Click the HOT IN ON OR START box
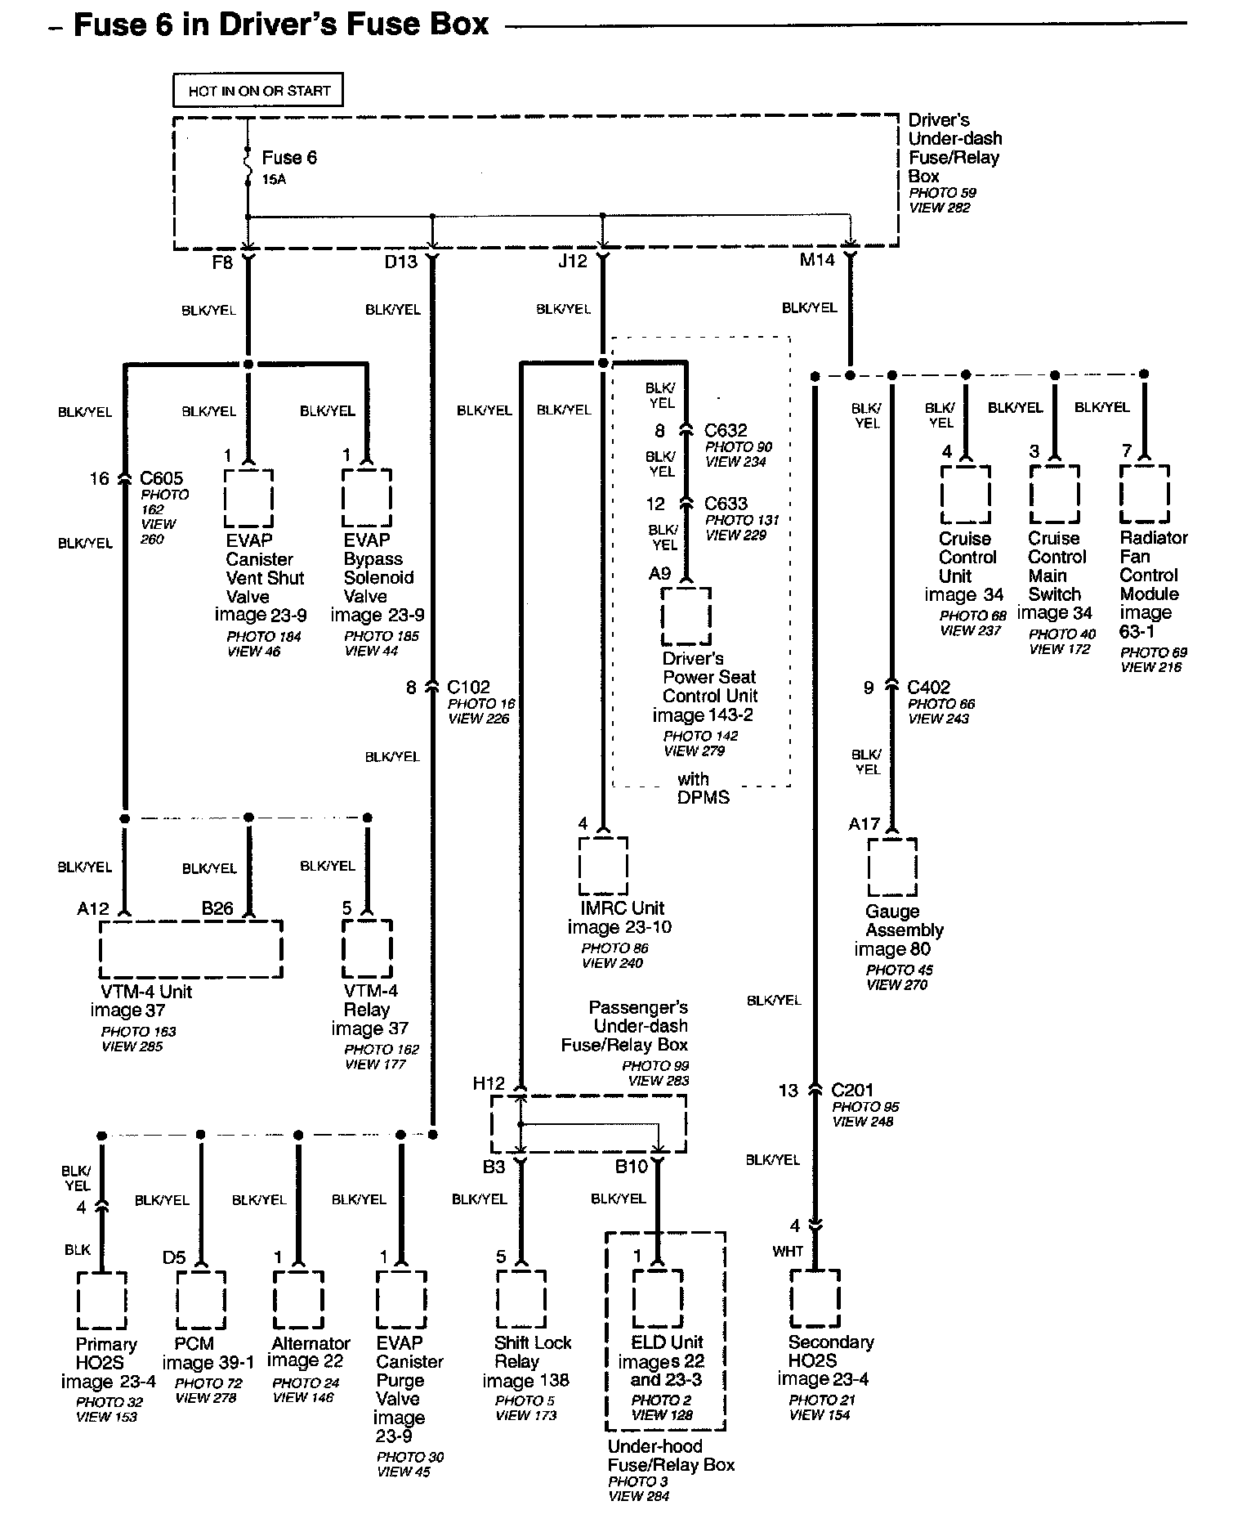pos(258,91)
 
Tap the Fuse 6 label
pos(288,158)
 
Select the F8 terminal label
pos(221,262)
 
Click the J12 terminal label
pos(572,261)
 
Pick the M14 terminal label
pos(816,260)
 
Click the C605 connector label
pos(162,478)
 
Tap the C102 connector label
pos(468,687)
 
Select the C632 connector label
pos(726,430)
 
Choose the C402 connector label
pos(929,688)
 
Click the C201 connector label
pos(852,1090)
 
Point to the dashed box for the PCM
pos(201,1299)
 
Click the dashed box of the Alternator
pos(298,1299)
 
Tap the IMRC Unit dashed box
pos(603,866)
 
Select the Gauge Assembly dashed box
pos(891,867)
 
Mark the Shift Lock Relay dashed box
pos(521,1299)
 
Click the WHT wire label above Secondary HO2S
pos(788,1252)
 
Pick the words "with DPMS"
pos(702,788)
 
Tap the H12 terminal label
pos(489,1083)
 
